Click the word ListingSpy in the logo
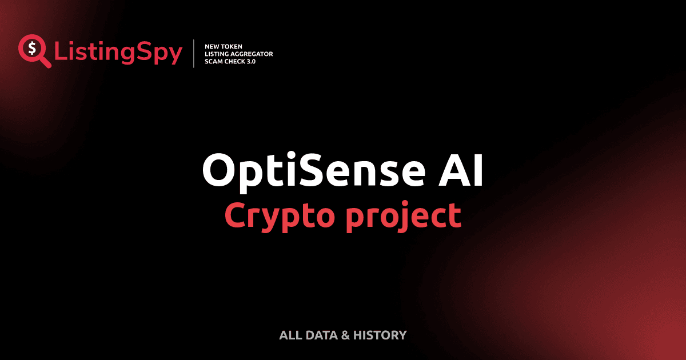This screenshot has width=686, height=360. (118, 53)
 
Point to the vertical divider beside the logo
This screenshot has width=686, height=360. (194, 54)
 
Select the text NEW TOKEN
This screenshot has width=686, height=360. (224, 46)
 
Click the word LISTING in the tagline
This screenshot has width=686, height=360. (218, 54)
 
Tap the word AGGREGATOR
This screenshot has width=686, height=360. (253, 54)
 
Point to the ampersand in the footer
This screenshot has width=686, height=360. (345, 335)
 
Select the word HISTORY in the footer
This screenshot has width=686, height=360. (380, 335)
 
